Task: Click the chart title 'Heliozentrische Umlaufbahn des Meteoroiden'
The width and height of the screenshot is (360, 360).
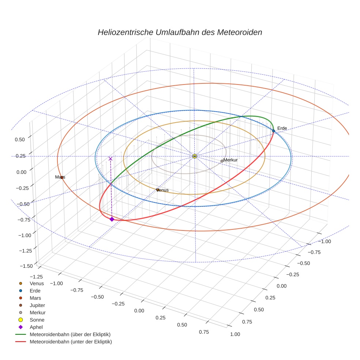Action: tap(180, 32)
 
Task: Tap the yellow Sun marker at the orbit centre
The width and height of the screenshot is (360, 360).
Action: tap(195, 156)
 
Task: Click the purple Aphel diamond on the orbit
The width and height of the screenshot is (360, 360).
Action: tap(112, 219)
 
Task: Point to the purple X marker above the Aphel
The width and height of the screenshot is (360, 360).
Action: tap(110, 159)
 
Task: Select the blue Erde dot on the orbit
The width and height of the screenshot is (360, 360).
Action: tap(273, 131)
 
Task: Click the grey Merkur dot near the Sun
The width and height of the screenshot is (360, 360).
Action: tap(222, 161)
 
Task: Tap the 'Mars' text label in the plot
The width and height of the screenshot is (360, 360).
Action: tap(60, 177)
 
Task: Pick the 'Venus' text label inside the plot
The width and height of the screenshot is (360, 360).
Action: tap(162, 190)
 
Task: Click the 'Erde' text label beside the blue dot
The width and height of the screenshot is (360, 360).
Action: tap(282, 128)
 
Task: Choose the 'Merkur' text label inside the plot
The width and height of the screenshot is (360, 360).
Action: tap(230, 160)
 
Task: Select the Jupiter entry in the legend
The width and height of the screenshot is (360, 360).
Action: tap(37, 305)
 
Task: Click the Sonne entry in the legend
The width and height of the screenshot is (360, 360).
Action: tap(37, 320)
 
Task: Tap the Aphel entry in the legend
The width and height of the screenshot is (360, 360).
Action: tap(36, 327)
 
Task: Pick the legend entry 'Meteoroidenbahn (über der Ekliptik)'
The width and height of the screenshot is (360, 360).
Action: tap(70, 334)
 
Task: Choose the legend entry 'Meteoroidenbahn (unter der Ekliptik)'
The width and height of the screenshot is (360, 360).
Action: tap(71, 342)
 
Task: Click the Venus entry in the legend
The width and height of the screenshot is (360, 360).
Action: tap(37, 283)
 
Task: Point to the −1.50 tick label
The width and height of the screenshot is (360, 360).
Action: tap(25, 266)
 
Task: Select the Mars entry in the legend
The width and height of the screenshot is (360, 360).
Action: tap(35, 298)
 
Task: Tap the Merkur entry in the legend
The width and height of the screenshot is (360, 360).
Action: tap(37, 312)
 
